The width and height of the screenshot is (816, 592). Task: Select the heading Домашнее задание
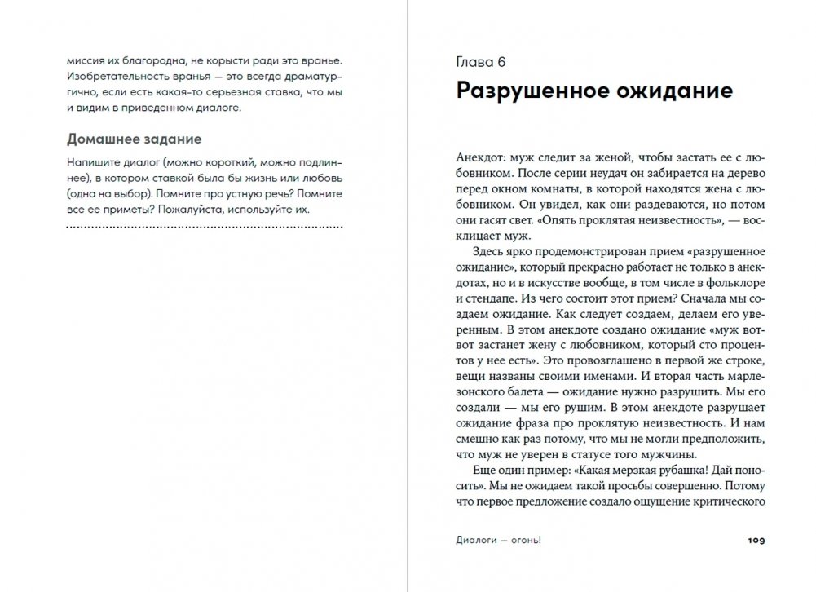pyautogui.click(x=134, y=139)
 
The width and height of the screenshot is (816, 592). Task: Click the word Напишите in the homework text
pyautogui.click(x=89, y=161)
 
